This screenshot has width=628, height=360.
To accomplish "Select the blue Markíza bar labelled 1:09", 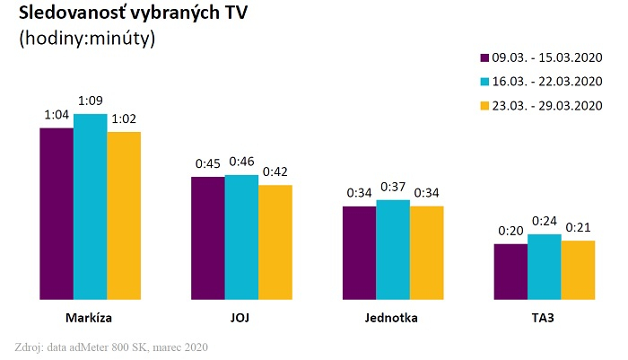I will (x=90, y=206).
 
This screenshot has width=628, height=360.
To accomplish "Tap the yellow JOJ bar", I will (x=275, y=242).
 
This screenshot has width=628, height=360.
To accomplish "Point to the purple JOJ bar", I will (x=208, y=238).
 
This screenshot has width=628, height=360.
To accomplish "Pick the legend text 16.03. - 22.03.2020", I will (x=546, y=81).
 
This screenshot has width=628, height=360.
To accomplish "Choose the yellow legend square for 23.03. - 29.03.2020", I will (x=485, y=104).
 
